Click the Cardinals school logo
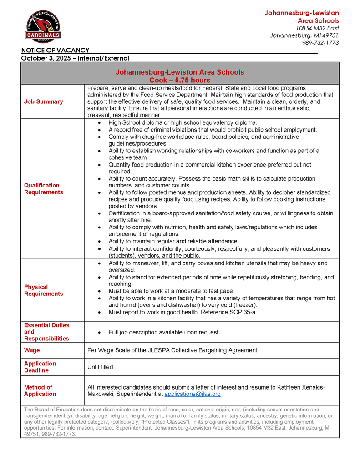click(43, 27)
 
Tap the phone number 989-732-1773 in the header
click(320, 43)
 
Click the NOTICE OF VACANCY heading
click(55, 50)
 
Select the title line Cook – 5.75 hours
click(180, 80)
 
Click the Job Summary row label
click(43, 101)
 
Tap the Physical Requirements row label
click(43, 290)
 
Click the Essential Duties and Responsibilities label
click(46, 332)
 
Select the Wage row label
click(32, 350)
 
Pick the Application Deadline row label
click(40, 367)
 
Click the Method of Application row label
click(40, 390)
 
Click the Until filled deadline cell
click(100, 367)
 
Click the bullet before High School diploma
click(99, 123)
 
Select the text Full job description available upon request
click(164, 332)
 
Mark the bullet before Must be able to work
click(99, 291)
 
